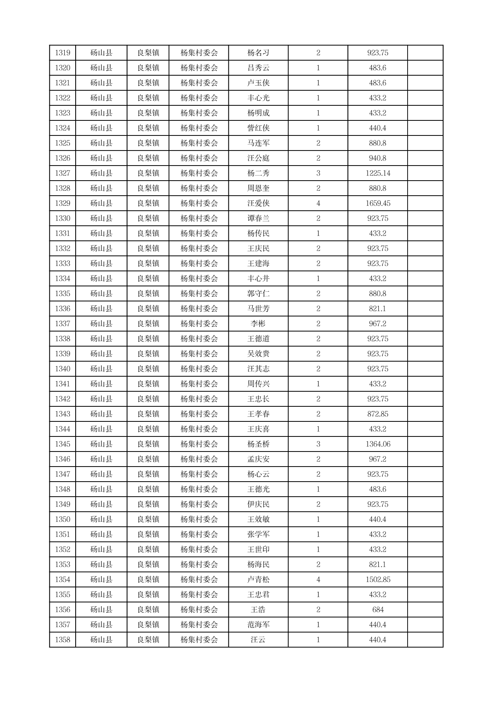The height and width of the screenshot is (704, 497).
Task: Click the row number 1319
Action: coord(62,53)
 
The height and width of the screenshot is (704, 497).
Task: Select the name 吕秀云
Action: coord(258,68)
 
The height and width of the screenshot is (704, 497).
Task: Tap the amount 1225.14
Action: coord(378,173)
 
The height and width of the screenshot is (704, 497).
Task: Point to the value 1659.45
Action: coord(378,203)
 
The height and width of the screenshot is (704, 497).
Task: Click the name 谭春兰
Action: coord(258,218)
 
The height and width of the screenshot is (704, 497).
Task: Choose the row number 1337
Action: coord(62,324)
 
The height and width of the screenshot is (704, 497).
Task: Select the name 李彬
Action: coord(258,324)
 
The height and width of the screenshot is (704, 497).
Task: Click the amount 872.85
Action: coord(378,414)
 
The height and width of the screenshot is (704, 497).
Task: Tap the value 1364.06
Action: coord(378,444)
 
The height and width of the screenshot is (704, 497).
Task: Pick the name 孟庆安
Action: coord(258,459)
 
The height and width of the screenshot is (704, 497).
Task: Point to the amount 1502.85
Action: coord(378,579)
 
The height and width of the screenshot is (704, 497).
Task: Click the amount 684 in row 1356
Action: coord(378,610)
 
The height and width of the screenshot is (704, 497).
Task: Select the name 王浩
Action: coord(258,610)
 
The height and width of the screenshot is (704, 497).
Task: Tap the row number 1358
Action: coord(62,640)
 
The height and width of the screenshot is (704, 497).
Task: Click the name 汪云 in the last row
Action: coord(258,640)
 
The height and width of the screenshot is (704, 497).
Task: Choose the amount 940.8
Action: coord(378,158)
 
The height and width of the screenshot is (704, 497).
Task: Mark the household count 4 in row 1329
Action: coord(318,203)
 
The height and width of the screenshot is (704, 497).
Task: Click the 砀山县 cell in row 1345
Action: coord(101,444)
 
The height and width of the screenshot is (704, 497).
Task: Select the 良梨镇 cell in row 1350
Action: coord(148,519)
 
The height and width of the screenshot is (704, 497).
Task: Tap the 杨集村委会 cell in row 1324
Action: coord(199,128)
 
